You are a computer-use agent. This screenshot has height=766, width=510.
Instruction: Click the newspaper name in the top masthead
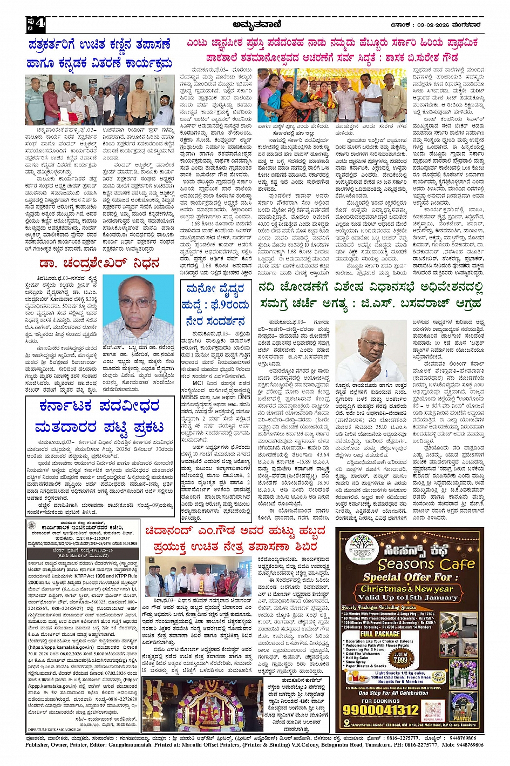[x=254, y=24]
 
